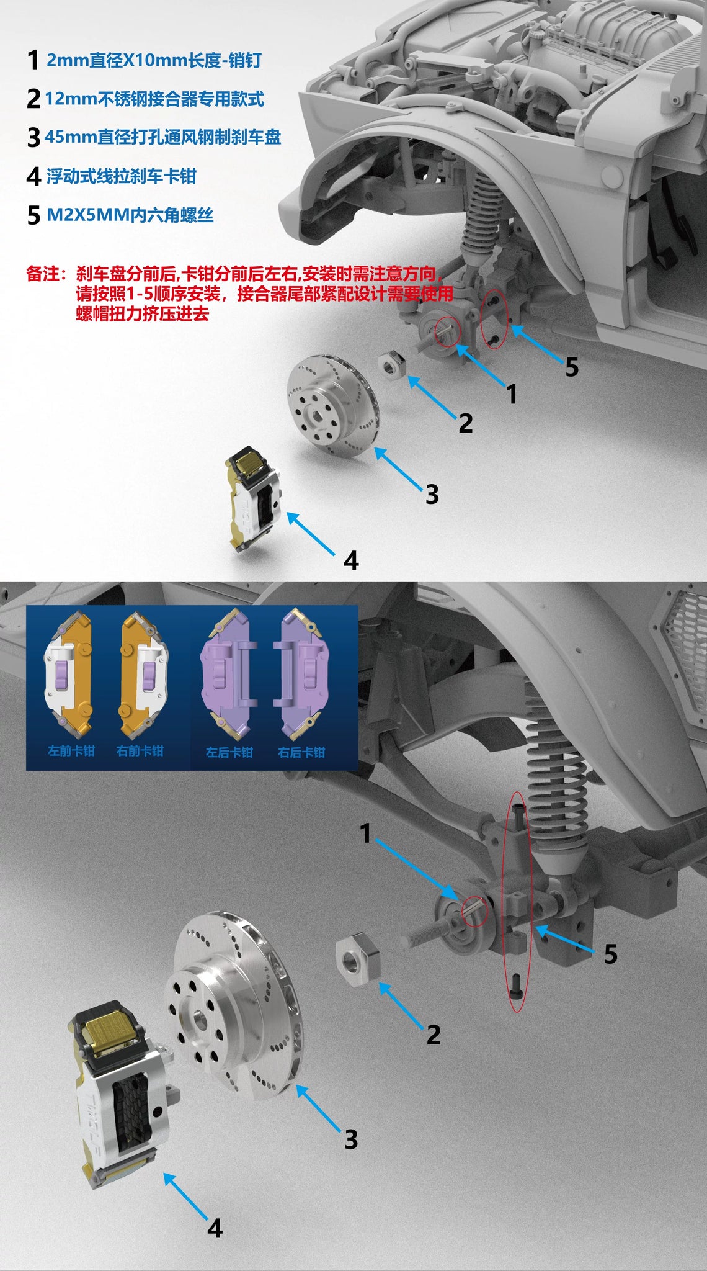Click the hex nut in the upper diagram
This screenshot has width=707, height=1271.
[393, 364]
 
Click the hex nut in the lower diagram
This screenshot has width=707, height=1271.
[358, 959]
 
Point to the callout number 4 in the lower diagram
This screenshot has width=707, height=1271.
[215, 1228]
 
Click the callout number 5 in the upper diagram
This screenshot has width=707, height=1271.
[572, 367]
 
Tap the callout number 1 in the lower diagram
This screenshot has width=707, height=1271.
[366, 833]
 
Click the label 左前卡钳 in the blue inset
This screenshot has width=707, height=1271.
[71, 751]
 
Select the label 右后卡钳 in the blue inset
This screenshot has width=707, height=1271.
[301, 752]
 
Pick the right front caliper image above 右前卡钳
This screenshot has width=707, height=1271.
[143, 673]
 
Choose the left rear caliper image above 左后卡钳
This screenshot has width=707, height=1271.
[228, 673]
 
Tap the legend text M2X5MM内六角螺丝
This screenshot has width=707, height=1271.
[130, 215]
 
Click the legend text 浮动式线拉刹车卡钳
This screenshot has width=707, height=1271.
[121, 176]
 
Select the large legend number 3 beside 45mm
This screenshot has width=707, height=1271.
[33, 137]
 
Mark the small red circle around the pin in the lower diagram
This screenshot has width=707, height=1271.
[476, 912]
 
